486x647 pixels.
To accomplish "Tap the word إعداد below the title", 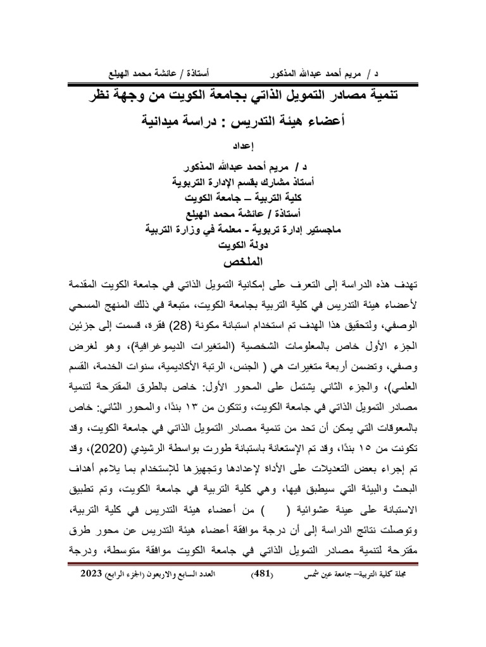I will coord(244,145).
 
